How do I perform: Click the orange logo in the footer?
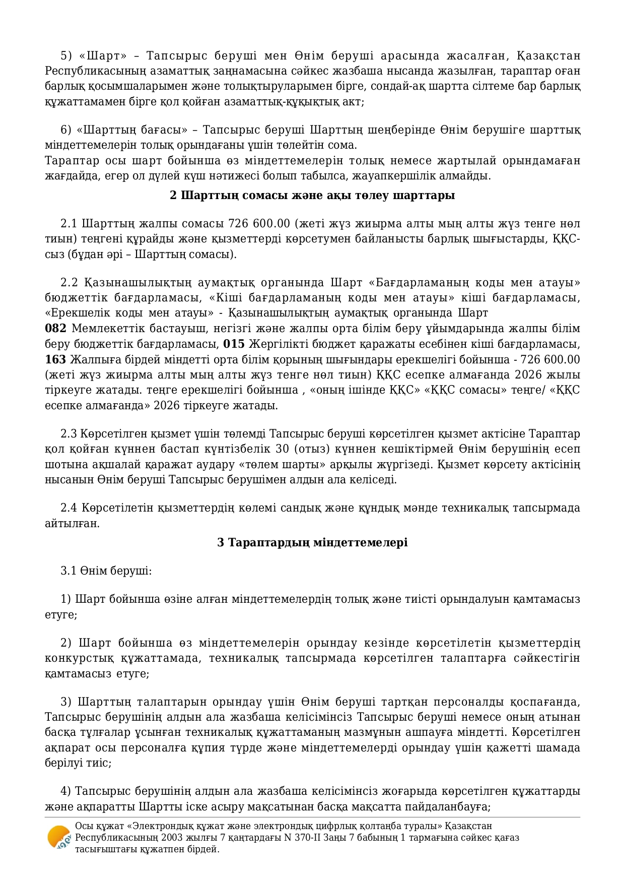pos(58,838)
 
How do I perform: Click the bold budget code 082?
pos(55,329)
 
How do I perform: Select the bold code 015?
pos(234,344)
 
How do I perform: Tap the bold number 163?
pos(55,359)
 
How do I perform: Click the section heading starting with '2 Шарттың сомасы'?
pos(312,195)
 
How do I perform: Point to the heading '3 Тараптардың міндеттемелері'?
pos(312,542)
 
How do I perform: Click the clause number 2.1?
pos(68,223)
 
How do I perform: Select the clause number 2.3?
pos(68,433)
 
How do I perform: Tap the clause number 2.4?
pos(68,508)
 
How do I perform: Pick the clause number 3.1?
pos(68,571)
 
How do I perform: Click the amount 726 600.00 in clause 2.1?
pos(259,223)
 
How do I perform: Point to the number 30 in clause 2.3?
pos(284,449)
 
